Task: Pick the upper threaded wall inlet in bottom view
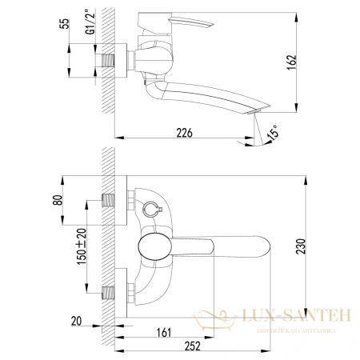point(110,201)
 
